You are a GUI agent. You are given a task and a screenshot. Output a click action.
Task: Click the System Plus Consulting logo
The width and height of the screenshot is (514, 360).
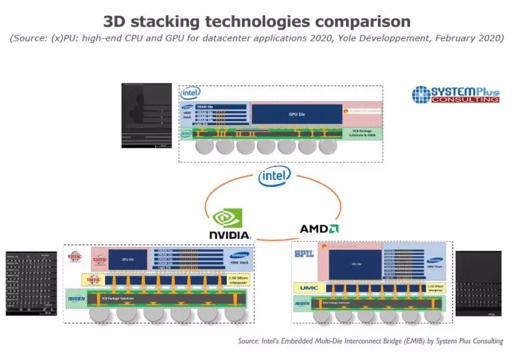456,94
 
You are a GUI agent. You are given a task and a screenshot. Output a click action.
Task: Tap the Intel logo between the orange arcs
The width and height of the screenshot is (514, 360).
275,177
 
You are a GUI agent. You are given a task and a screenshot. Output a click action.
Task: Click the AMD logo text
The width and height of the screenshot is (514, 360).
319,228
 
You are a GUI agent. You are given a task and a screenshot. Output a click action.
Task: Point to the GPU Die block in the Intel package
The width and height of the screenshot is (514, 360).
296,114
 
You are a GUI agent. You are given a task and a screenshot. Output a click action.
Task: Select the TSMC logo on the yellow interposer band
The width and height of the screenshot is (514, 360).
74,280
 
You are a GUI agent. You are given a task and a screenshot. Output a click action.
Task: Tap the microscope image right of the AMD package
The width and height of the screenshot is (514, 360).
478,283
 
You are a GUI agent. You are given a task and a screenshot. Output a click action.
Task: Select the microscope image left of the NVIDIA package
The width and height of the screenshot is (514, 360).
31,283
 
